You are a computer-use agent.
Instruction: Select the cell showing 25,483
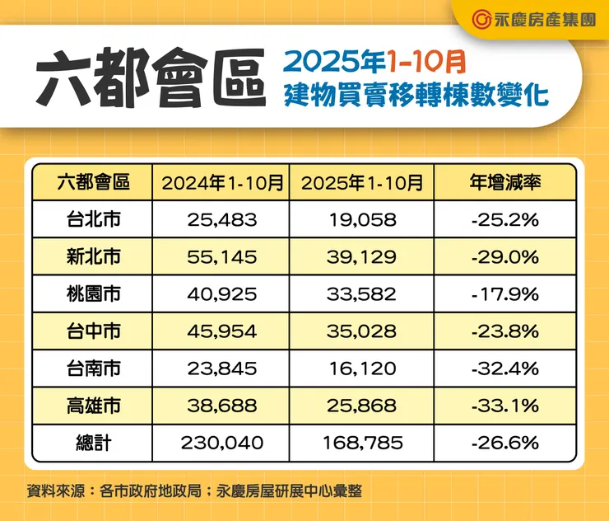[222, 220]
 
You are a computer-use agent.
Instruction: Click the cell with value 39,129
[362, 257]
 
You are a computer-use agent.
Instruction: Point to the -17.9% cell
[504, 294]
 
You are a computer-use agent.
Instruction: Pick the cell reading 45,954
[222, 331]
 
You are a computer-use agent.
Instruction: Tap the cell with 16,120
[362, 368]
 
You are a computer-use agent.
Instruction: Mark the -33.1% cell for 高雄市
[504, 406]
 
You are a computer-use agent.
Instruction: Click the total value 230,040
[222, 444]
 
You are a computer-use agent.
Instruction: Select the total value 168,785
[362, 444]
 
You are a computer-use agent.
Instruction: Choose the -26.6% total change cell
[504, 444]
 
